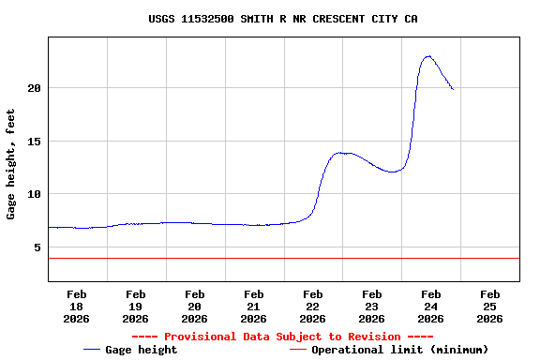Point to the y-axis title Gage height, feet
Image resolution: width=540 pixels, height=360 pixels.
[11, 164]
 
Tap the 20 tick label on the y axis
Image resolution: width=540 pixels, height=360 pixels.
[34, 88]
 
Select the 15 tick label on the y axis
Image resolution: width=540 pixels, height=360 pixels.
[34, 142]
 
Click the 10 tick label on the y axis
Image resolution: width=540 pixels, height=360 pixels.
[34, 194]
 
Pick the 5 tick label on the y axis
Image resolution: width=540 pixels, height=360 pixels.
[37, 247]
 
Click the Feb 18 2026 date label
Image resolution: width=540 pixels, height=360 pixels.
[77, 306]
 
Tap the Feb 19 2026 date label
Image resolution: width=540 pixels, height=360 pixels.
[136, 306]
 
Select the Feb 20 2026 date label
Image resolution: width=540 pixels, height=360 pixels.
[195, 306]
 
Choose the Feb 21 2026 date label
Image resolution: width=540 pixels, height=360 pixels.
[254, 306]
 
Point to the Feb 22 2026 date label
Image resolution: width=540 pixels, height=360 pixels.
[313, 306]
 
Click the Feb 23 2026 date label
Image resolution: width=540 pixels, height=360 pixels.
[372, 306]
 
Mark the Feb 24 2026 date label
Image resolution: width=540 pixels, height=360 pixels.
[431, 306]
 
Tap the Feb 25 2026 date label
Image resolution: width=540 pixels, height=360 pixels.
[490, 306]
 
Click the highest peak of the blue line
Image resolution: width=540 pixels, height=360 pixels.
[428, 56]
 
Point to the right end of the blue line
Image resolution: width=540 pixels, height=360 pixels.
[453, 89]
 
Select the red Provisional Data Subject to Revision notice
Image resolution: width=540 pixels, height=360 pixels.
[282, 337]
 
